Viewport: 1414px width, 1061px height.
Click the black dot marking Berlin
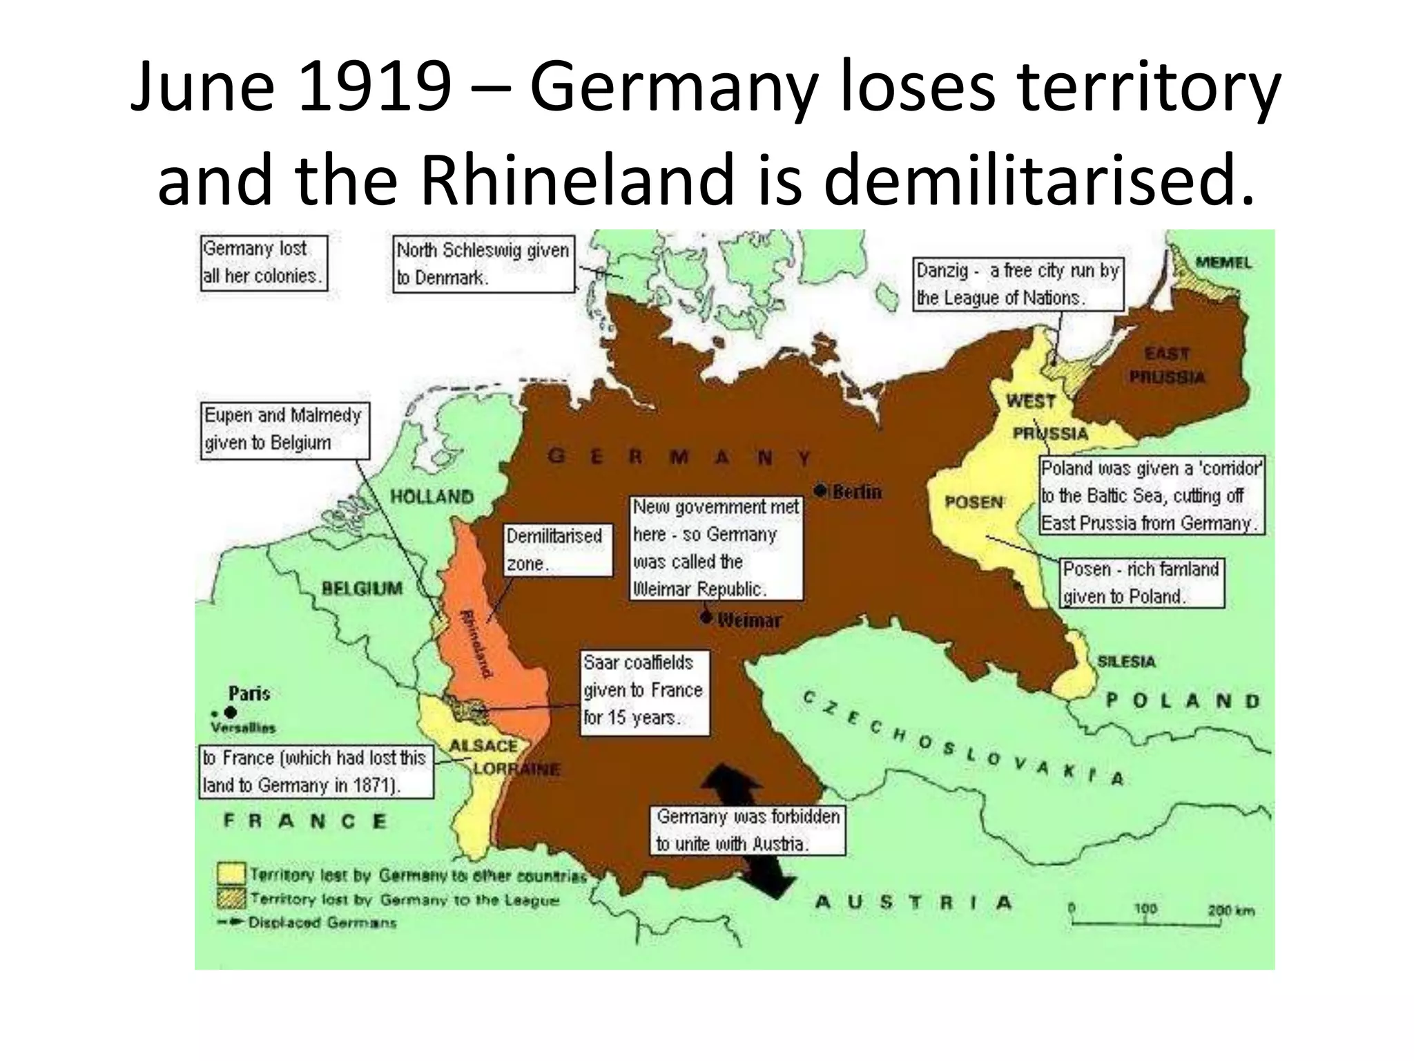[820, 490]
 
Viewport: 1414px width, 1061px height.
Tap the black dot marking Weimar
[706, 617]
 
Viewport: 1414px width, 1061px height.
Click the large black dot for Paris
[231, 711]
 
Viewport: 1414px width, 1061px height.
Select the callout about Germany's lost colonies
[263, 262]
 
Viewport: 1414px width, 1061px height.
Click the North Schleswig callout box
[483, 265]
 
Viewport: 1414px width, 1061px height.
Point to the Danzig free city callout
[1018, 284]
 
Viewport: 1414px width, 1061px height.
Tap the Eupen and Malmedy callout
[284, 430]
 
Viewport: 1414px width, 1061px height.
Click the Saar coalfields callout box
[643, 691]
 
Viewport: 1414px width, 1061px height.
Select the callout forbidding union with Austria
[748, 830]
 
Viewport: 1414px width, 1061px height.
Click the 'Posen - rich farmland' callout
[1141, 583]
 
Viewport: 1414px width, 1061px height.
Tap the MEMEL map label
[1223, 262]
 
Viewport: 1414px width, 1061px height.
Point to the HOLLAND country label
[432, 496]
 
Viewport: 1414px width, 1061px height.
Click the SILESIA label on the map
[1126, 662]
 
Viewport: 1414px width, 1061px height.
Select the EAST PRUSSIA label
[1167, 365]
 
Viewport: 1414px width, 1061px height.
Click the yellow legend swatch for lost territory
[231, 874]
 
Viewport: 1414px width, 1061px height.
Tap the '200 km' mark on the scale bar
[1230, 910]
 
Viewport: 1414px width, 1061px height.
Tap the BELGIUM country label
[362, 589]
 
